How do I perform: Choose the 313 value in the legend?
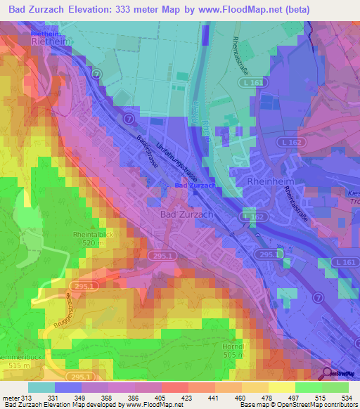point(27,398)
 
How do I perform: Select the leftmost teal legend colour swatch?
point(41,387)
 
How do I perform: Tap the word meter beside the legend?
point(11,398)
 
